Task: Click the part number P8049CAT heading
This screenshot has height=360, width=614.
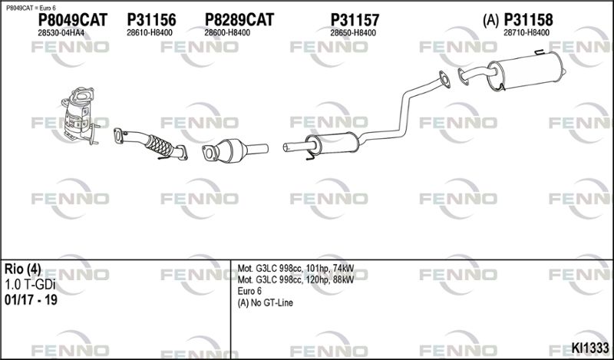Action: point(72,20)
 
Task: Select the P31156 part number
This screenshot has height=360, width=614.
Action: point(151,20)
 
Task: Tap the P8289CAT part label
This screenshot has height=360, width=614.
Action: point(239,20)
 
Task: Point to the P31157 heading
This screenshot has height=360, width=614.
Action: point(355,20)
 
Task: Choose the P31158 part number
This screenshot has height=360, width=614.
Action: point(528,20)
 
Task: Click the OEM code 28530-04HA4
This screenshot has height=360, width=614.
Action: point(61,33)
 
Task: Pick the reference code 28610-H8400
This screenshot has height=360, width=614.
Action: point(149,33)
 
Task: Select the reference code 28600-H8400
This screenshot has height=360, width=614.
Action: point(227,33)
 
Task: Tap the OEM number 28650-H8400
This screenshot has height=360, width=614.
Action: point(353,33)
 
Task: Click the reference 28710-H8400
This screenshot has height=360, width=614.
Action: point(527,33)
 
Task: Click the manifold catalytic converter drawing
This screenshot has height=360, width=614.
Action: point(80,116)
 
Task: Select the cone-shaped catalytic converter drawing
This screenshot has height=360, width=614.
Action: point(234,150)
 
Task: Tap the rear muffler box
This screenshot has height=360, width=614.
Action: point(525,71)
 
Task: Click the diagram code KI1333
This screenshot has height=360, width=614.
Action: point(590,348)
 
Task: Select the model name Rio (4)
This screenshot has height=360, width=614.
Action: point(22,269)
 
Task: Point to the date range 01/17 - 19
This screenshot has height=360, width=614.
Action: point(31,300)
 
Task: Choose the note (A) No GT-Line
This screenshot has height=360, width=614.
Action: point(265,302)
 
